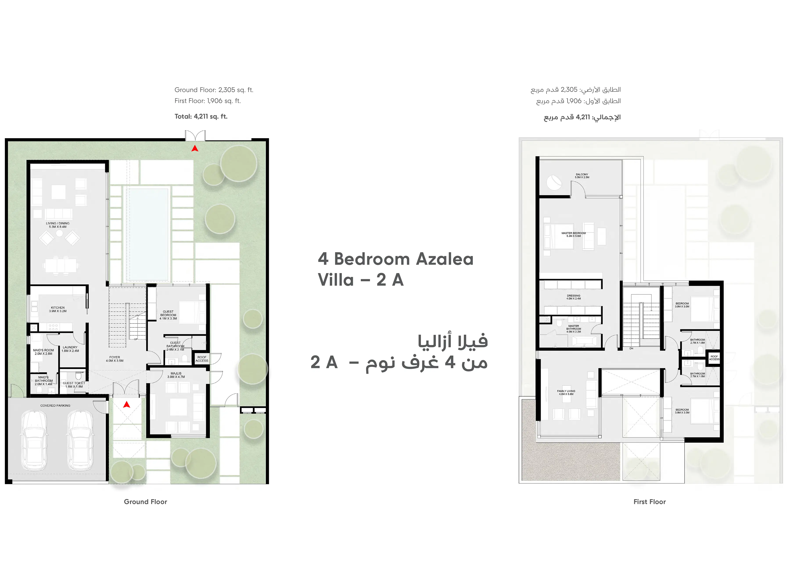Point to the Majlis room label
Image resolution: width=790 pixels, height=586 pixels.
[176, 375]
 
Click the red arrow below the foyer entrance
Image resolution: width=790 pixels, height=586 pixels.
[126, 404]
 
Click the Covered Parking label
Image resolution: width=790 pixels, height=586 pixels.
[55, 406]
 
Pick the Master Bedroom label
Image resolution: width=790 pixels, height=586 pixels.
[573, 234]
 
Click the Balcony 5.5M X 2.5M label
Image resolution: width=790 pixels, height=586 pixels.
[582, 176]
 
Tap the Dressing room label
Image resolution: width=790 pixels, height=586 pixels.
[573, 297]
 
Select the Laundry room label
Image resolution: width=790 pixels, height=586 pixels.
[70, 349]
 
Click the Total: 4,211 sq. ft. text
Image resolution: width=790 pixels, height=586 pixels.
[201, 116]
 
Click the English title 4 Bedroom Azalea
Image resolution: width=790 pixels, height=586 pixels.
[395, 259]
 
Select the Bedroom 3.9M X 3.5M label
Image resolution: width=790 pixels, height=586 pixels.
[682, 411]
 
